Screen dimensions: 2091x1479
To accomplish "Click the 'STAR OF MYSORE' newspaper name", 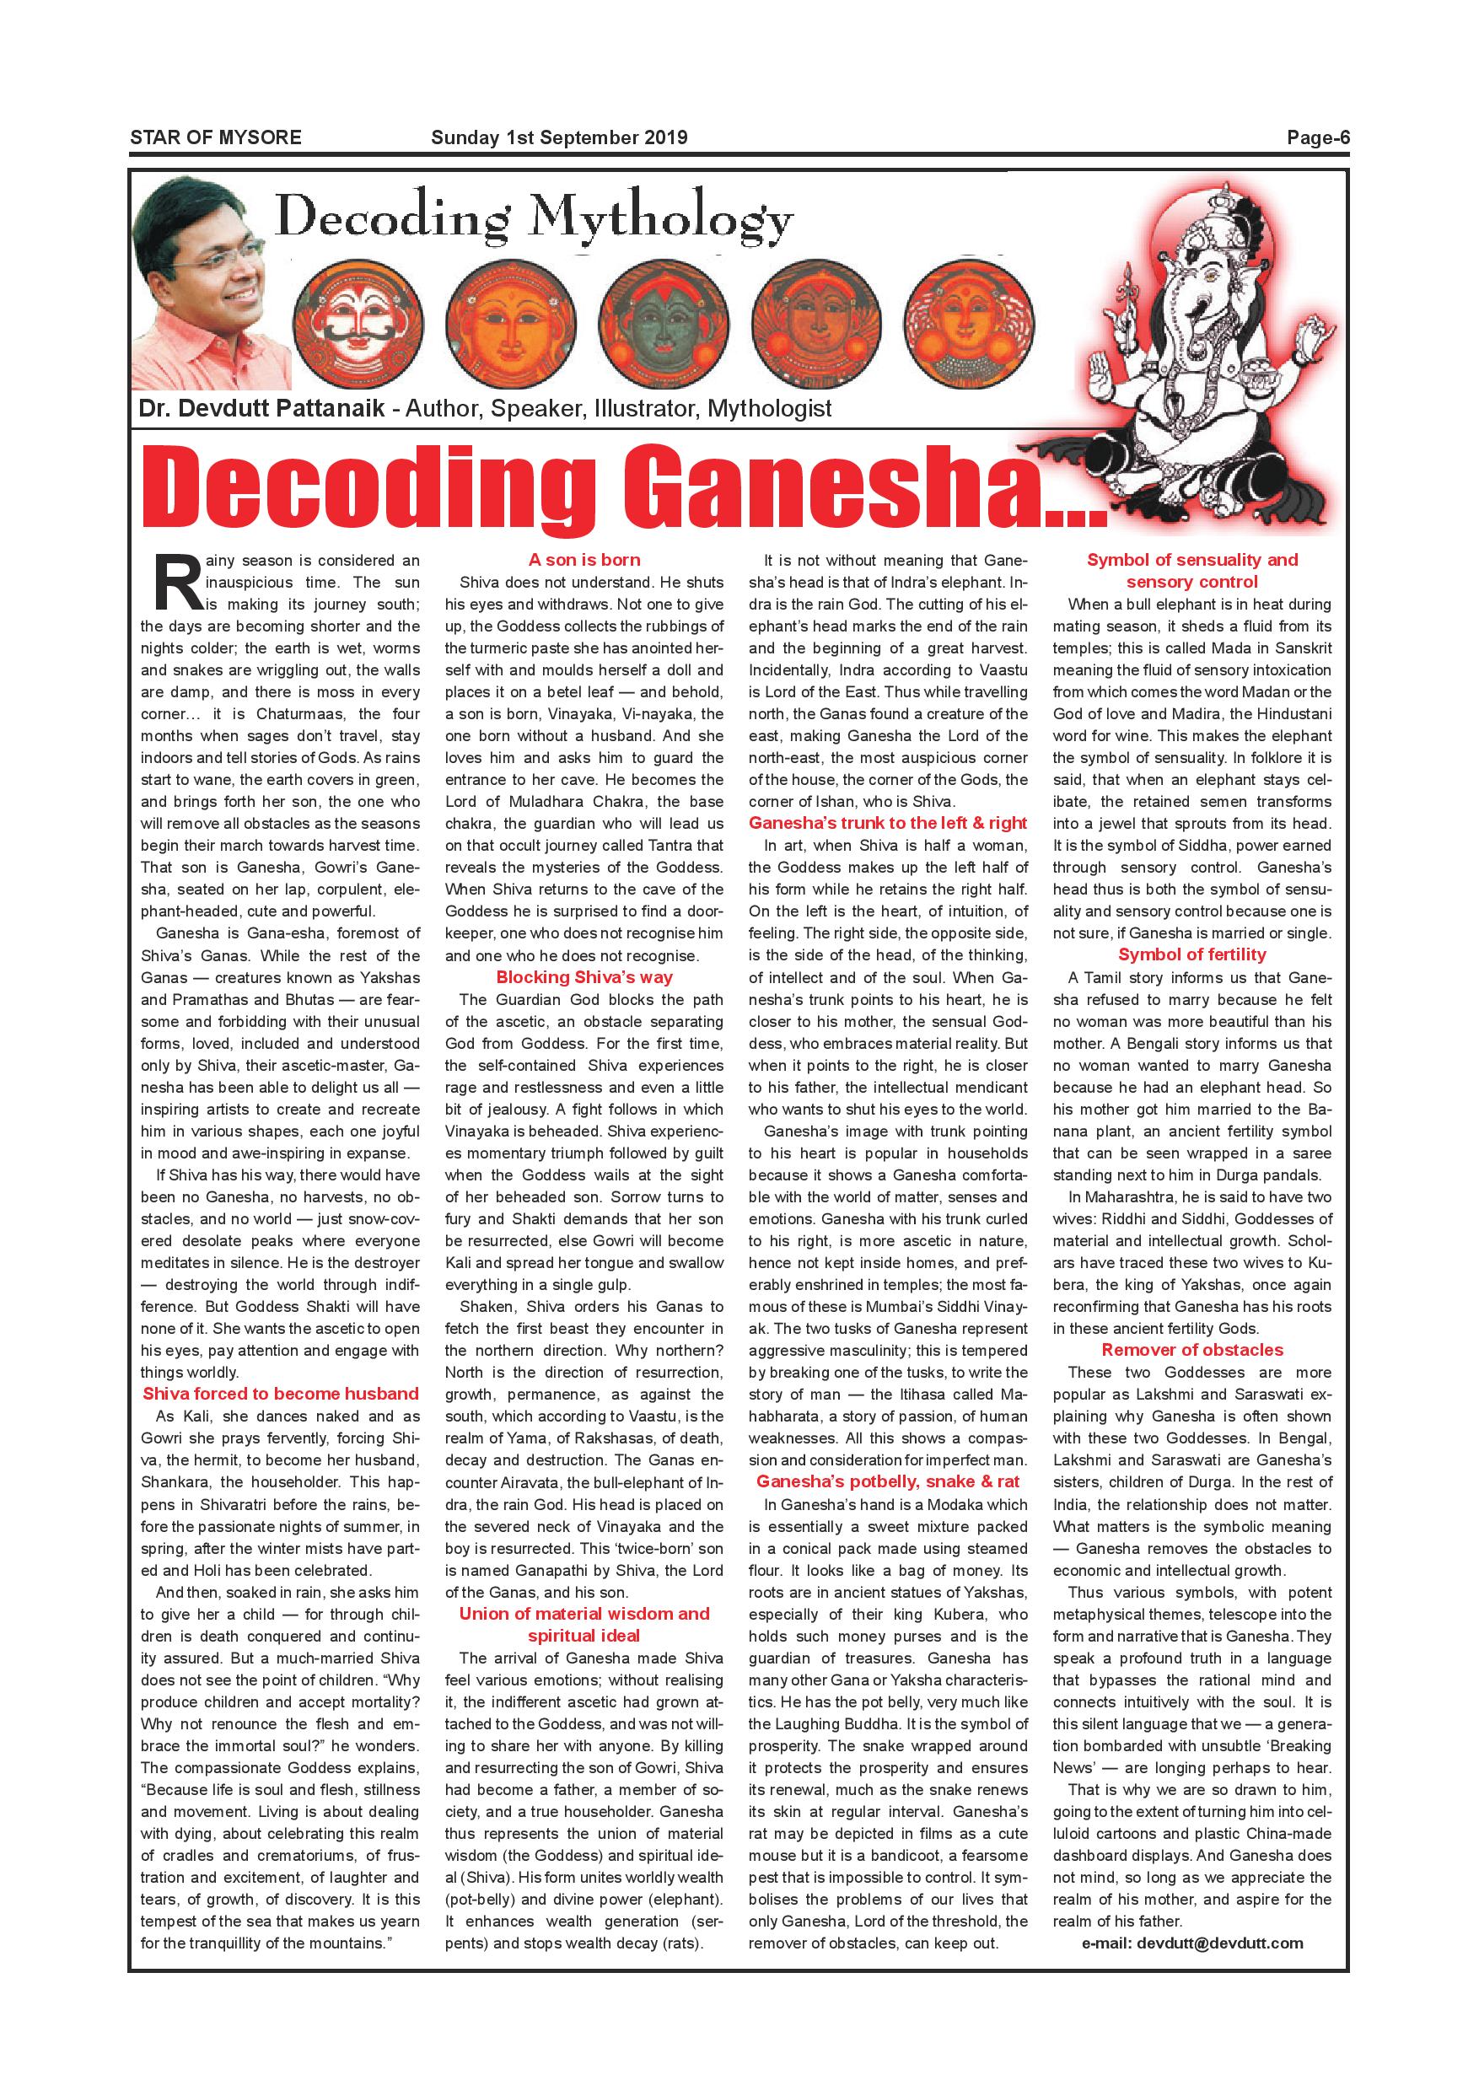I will click(x=215, y=138).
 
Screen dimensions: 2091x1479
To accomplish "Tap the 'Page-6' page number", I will click(x=1317, y=138).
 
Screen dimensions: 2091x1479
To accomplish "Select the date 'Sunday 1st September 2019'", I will click(x=559, y=138).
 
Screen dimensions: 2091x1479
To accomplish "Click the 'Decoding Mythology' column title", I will click(x=535, y=219).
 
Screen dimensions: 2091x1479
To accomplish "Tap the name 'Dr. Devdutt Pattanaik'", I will click(x=262, y=409).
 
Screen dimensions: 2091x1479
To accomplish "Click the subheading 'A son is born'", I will click(x=584, y=560).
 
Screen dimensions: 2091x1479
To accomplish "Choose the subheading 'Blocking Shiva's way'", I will click(x=584, y=977).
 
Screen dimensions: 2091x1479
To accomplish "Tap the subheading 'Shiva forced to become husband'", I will click(x=281, y=1394).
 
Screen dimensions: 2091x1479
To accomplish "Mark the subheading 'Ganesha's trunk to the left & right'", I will click(x=888, y=823).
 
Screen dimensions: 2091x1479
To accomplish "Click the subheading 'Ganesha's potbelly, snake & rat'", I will click(x=888, y=1481).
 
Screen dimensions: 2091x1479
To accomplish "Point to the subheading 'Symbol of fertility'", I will click(x=1192, y=954).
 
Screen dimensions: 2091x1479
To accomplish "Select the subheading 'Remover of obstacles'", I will click(x=1192, y=1350).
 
